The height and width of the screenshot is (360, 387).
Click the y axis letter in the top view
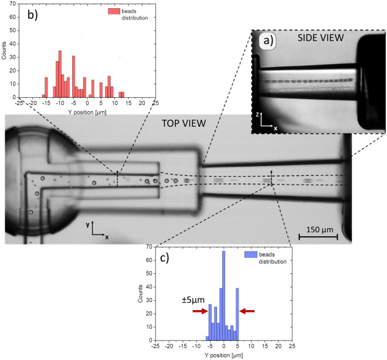click(x=93, y=225)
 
